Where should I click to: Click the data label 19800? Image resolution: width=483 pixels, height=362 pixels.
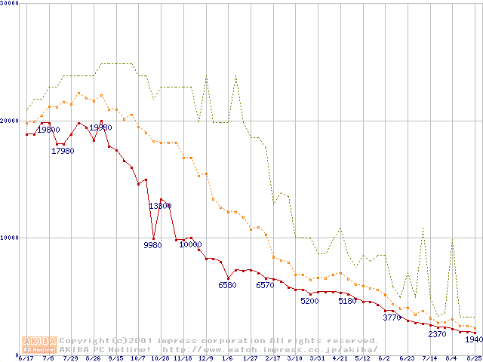[x=49, y=130]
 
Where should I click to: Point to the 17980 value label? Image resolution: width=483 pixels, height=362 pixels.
[x=63, y=151]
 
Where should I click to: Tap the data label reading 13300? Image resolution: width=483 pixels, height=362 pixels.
[x=160, y=206]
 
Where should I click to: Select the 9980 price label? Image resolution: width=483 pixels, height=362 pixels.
[x=152, y=244]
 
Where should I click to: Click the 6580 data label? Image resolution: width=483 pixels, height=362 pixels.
[x=227, y=285]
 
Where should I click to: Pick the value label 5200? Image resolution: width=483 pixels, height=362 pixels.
[x=310, y=301]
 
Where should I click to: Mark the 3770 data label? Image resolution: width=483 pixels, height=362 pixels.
[x=392, y=318]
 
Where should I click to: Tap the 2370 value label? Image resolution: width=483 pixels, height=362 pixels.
[x=438, y=334]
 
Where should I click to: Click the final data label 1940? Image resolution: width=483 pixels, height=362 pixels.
[x=473, y=339]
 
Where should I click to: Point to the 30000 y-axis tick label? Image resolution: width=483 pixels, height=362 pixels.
[x=9, y=3]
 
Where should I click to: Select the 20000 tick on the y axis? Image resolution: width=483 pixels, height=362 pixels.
[x=9, y=121]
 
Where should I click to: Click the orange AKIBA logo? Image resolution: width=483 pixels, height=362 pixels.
[x=40, y=344]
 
